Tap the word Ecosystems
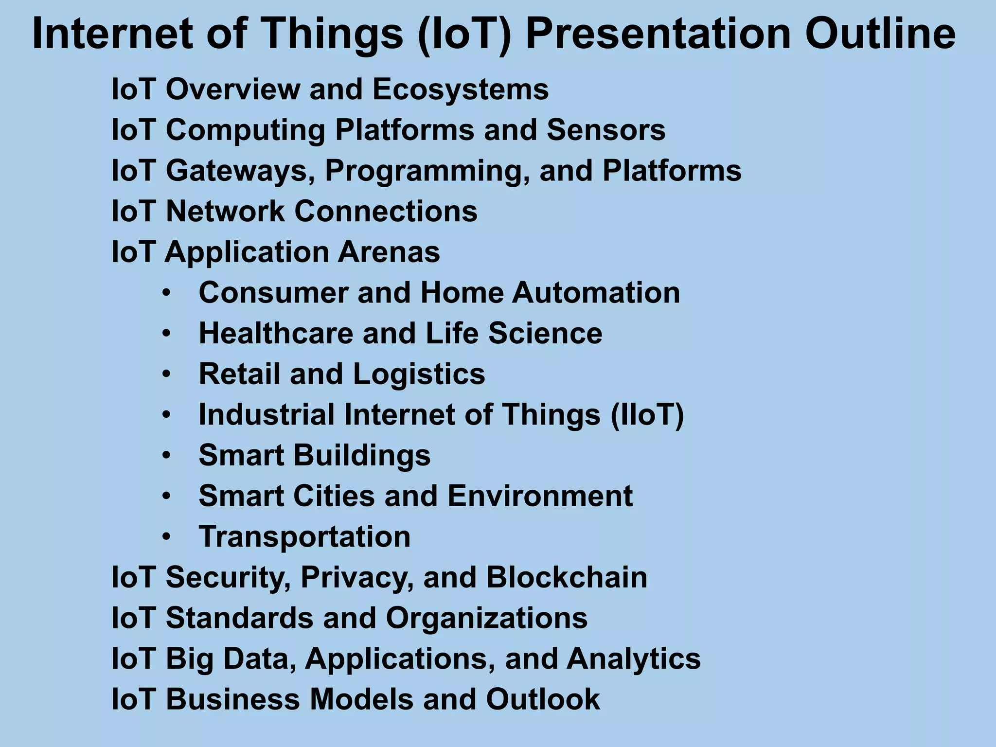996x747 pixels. (x=461, y=90)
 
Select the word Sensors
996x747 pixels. (x=606, y=130)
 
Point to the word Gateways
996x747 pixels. (x=240, y=171)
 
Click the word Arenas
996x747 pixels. (x=389, y=252)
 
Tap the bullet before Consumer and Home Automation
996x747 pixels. (x=167, y=293)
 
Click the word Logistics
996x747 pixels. (x=419, y=374)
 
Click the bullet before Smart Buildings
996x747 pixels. (x=167, y=456)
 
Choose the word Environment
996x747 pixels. (x=540, y=496)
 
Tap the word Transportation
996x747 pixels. (x=305, y=537)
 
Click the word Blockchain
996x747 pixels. (x=567, y=578)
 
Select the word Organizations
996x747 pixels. (x=487, y=618)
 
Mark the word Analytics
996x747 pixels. (x=634, y=659)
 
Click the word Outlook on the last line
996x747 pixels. (x=543, y=699)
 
